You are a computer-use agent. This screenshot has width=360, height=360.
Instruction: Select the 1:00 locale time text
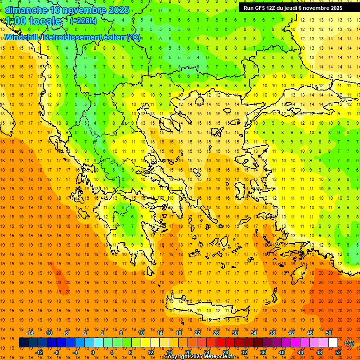click(34, 21)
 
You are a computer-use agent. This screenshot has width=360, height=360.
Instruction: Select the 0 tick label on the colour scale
click(92, 352)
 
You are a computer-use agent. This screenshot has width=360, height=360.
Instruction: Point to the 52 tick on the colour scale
click(338, 352)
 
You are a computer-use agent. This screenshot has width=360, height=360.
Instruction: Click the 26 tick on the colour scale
click(216, 333)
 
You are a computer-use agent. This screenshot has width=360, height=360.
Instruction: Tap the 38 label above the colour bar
click(272, 333)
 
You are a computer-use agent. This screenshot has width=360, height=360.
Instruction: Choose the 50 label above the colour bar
click(329, 333)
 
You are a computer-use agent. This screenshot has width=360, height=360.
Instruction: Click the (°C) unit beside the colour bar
click(349, 343)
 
